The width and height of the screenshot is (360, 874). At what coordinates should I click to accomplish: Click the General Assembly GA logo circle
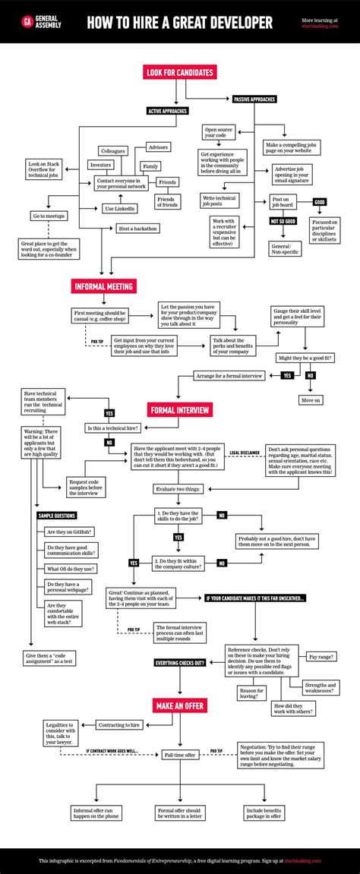click(27, 22)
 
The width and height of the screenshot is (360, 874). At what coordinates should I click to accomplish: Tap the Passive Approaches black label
click(254, 99)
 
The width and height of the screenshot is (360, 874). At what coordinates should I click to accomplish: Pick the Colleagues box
click(112, 150)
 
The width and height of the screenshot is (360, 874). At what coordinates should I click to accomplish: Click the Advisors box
click(158, 147)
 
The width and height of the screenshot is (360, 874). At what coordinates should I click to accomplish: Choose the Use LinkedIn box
click(119, 208)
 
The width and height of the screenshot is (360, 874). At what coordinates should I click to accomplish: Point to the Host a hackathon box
click(137, 229)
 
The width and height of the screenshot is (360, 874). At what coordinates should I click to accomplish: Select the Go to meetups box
click(49, 216)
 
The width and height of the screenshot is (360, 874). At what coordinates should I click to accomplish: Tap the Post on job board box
click(282, 202)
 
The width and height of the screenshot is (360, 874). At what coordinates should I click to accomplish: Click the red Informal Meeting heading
click(104, 286)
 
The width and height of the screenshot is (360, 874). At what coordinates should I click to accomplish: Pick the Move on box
click(311, 399)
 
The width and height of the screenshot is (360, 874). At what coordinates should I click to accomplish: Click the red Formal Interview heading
click(180, 410)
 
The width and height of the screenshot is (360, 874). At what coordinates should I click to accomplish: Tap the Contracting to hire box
click(120, 725)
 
